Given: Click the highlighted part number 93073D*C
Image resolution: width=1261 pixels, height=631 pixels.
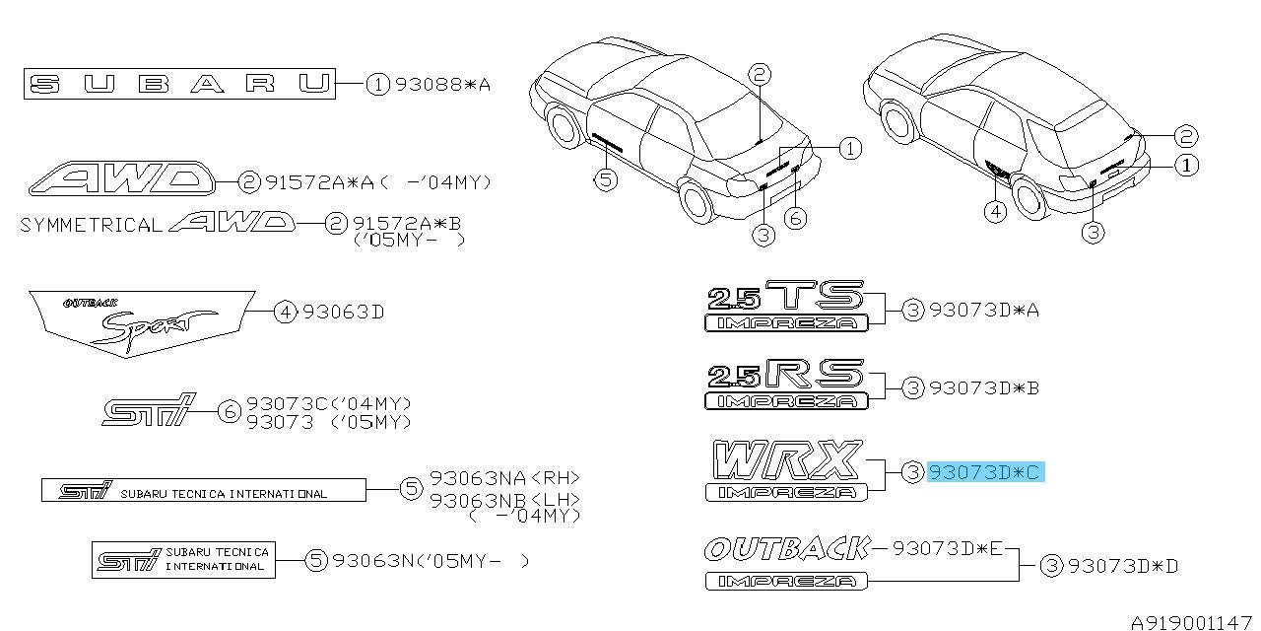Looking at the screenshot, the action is [x=986, y=471].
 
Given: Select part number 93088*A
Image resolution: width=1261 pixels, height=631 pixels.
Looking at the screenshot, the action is [x=443, y=85].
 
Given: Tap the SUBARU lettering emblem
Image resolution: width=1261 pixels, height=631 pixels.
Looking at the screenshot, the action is [x=179, y=84].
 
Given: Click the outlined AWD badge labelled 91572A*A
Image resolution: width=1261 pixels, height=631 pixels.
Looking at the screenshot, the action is [x=121, y=178].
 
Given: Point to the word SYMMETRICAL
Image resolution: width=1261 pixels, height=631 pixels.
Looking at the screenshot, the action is [x=91, y=226].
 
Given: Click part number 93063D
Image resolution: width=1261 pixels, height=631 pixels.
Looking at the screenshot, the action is [x=344, y=312].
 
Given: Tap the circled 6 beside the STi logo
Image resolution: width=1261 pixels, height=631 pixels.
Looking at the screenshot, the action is [x=230, y=412].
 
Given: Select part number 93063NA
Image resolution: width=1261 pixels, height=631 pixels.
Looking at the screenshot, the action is [x=478, y=478].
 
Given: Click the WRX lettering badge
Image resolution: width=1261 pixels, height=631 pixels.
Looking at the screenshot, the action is [x=786, y=459].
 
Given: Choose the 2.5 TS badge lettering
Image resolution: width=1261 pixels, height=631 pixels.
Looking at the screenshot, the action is [x=785, y=295].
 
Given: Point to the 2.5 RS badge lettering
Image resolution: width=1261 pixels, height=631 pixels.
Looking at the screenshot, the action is [x=785, y=374].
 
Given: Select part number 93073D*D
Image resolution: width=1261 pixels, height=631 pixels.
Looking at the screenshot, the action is [x=1122, y=566].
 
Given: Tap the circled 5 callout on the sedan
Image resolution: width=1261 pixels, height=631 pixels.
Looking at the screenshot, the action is [x=606, y=180].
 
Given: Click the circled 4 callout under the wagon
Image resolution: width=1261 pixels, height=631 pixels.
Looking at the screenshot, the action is [x=995, y=212].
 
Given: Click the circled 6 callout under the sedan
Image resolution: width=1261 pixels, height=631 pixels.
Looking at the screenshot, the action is [x=795, y=218].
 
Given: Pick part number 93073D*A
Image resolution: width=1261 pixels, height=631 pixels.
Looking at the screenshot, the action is [x=983, y=310].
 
